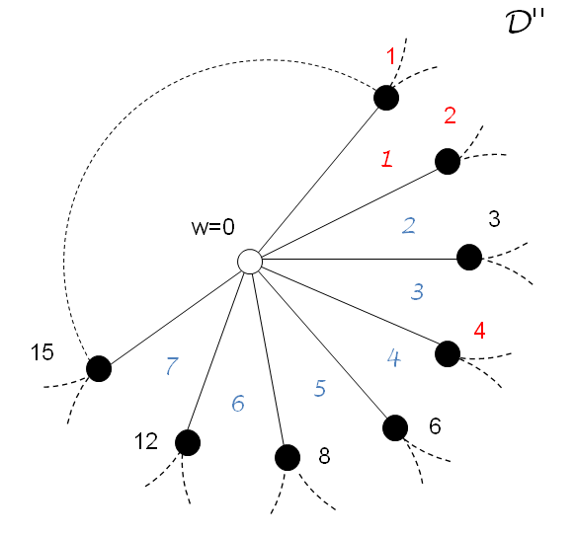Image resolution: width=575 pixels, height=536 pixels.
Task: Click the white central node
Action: click(249, 261)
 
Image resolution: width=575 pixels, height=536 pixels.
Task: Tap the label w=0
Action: click(212, 227)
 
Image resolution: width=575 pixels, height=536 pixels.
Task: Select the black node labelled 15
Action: click(98, 369)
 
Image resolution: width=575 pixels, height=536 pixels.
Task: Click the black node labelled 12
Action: click(187, 441)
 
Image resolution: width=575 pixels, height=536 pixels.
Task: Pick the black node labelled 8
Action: click(287, 457)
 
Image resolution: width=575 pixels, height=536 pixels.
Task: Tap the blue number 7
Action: click(172, 366)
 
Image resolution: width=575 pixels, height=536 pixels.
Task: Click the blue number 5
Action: click(319, 388)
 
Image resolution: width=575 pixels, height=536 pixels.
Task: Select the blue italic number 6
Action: click(238, 403)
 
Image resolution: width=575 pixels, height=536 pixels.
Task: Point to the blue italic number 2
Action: click(408, 224)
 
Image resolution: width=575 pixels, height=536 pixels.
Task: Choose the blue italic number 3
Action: click(417, 291)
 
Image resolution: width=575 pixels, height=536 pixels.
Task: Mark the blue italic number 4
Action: click(392, 358)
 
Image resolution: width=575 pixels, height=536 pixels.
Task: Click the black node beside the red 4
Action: click(448, 352)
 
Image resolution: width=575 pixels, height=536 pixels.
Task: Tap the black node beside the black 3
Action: click(469, 258)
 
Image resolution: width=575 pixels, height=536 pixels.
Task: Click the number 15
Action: click(42, 351)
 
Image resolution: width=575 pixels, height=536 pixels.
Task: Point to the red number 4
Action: click(479, 330)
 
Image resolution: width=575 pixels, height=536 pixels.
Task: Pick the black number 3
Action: click(496, 217)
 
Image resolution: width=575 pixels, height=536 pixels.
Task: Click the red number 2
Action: click(450, 115)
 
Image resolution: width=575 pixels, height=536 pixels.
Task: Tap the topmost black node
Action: click(386, 98)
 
